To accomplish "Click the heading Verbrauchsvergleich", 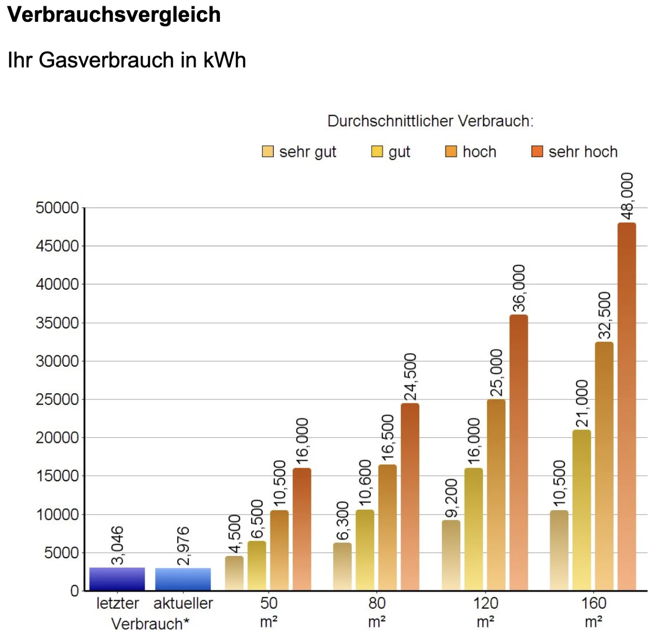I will click(114, 15).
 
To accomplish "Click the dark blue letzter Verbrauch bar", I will click(117, 579).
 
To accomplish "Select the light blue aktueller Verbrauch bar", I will click(183, 579).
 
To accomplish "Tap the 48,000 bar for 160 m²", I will click(626, 406).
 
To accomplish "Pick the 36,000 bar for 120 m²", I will click(518, 453).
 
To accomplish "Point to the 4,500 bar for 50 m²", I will click(234, 573).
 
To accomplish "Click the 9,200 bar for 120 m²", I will click(451, 555).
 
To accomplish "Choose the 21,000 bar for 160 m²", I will click(581, 510).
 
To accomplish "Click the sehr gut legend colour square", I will click(268, 152).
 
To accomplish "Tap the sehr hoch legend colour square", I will click(537, 152).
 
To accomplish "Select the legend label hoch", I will click(479, 152).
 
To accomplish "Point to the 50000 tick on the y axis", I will click(58, 208).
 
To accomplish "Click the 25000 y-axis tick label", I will click(58, 400).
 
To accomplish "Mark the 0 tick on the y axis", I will click(75, 591).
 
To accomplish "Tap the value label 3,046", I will click(117, 545).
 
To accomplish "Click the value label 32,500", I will click(604, 315).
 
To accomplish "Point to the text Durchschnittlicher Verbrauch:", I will click(430, 121).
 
